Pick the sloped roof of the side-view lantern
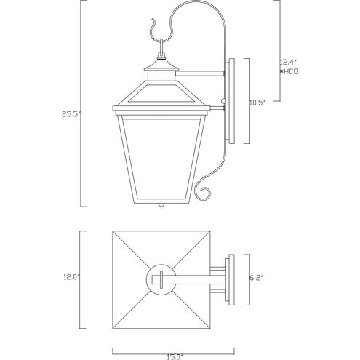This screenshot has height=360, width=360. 161,92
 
